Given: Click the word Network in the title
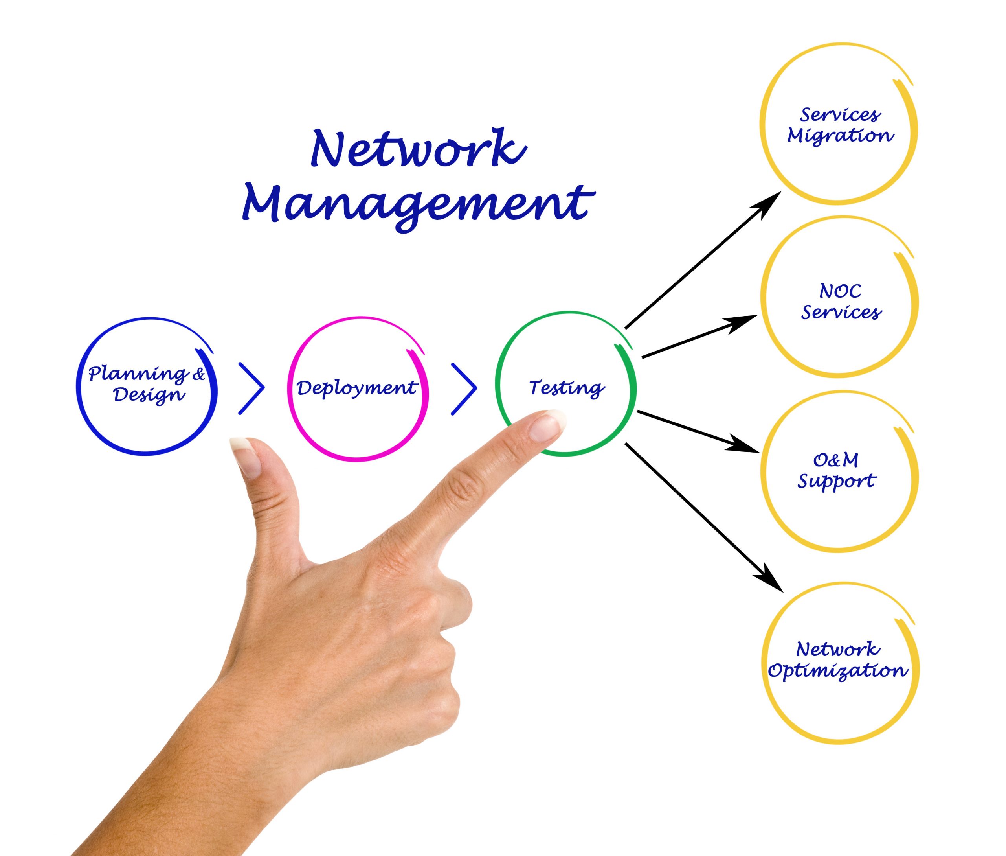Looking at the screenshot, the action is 418,148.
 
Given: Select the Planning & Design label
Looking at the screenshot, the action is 147,384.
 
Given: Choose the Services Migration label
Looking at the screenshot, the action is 840,125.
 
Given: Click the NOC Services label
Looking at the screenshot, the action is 841,301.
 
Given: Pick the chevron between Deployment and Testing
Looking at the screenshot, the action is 464,388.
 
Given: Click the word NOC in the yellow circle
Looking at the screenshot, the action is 841,291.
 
